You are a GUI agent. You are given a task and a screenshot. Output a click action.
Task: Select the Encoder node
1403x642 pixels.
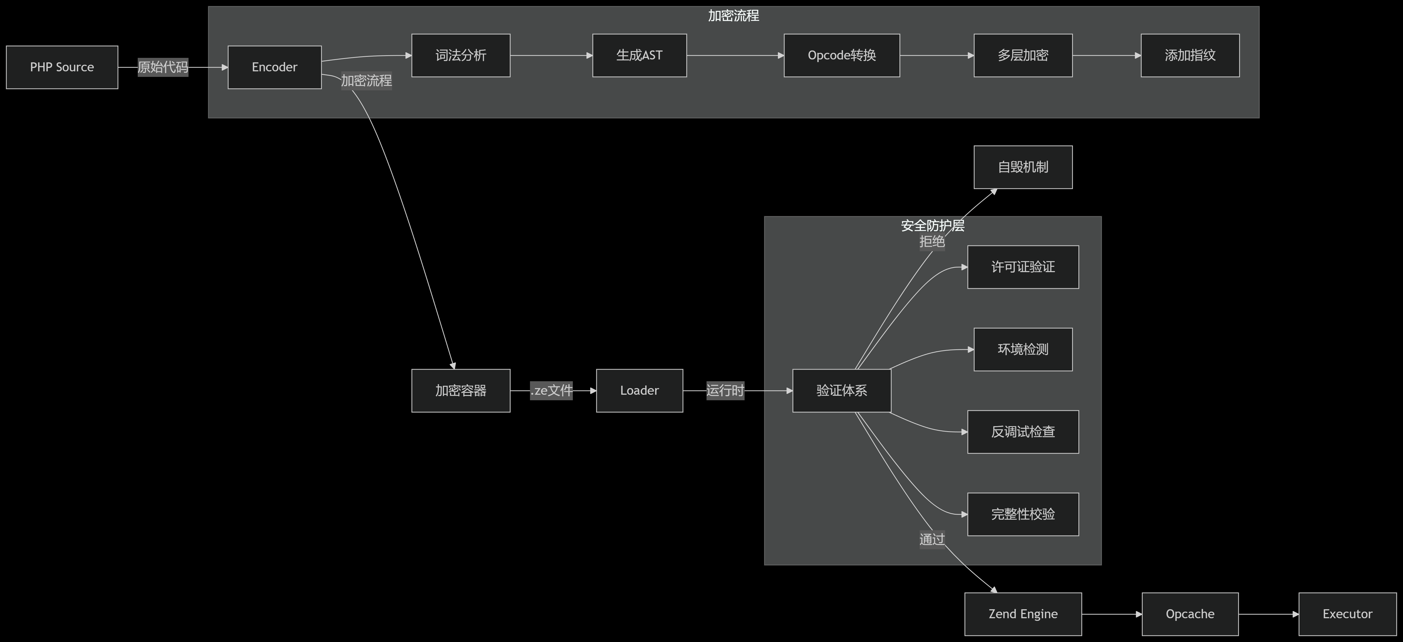(x=275, y=67)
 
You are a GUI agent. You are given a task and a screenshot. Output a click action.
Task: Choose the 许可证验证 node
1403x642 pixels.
(x=1023, y=267)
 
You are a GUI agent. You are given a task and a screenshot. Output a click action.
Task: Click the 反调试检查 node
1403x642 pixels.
(x=1023, y=432)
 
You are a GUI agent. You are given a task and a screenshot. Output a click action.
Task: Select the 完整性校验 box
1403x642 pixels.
(x=1023, y=514)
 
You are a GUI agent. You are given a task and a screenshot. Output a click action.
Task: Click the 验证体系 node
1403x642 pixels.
(x=842, y=390)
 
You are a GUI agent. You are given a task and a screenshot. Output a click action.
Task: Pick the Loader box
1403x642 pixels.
(x=639, y=390)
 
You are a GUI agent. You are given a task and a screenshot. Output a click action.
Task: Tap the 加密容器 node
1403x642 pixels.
(x=461, y=390)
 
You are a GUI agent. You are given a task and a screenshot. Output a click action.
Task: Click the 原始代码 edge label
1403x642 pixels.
(x=163, y=67)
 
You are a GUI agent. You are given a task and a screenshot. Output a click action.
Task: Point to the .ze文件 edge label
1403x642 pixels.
(x=551, y=390)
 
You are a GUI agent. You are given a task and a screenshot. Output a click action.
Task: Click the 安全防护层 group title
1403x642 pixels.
(x=933, y=225)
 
